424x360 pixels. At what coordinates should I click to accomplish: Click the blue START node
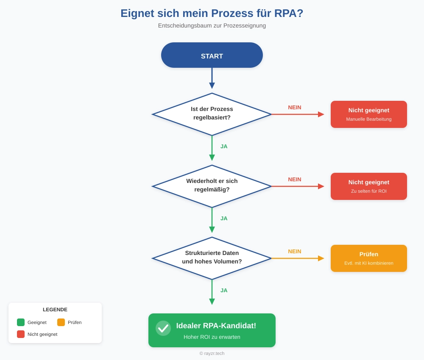coord(212,55)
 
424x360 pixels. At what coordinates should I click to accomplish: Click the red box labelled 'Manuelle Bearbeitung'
coord(368,114)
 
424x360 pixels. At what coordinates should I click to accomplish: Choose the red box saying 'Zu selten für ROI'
coord(368,186)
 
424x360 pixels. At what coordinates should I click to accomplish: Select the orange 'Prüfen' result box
coord(368,258)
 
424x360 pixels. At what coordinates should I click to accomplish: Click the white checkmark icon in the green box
coord(163,328)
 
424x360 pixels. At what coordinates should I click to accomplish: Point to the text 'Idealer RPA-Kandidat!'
coord(216,326)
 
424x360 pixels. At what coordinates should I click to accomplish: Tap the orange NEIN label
coord(295,252)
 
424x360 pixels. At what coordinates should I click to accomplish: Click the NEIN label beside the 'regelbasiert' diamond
coord(295,108)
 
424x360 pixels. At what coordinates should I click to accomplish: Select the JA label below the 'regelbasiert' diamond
coord(224,147)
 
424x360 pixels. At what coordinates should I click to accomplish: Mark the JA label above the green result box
coord(224,291)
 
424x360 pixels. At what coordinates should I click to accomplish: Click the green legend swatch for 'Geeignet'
coord(21,322)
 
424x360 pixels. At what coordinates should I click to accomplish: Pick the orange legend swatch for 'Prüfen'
coord(61,322)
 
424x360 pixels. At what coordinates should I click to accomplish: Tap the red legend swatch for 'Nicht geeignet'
coord(21,334)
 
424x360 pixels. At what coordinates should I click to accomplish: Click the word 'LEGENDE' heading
coord(55,310)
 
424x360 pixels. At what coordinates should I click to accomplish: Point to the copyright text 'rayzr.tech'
coord(214,353)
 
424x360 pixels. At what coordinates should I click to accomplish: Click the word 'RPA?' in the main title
coord(289,14)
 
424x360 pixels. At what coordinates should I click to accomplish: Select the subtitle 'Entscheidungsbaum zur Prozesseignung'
coord(212,25)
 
